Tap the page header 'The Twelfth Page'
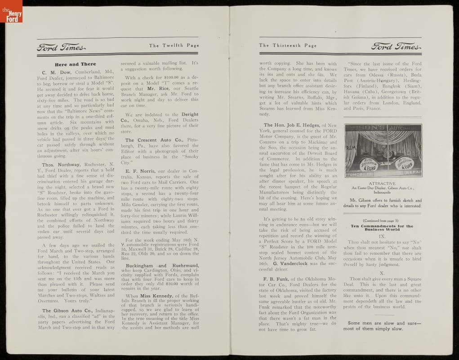coord(174,45)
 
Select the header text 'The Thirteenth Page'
coord(288,45)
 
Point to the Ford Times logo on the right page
coord(396,46)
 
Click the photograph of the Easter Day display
coord(383,150)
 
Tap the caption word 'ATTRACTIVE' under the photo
coord(383,183)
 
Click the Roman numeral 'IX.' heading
coord(382,235)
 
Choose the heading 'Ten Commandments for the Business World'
coord(383,226)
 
